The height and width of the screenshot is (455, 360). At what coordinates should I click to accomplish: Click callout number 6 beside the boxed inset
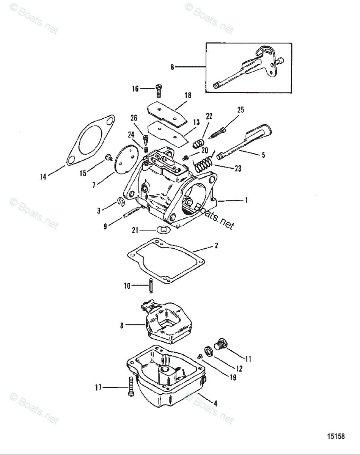point(172,67)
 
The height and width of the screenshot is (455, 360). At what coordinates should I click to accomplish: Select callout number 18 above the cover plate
point(188,96)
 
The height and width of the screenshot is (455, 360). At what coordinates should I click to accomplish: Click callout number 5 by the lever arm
point(263,155)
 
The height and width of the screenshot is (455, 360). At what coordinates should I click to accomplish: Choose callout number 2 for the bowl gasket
point(216,246)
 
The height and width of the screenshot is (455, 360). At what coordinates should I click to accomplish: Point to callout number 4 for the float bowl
point(215,404)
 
